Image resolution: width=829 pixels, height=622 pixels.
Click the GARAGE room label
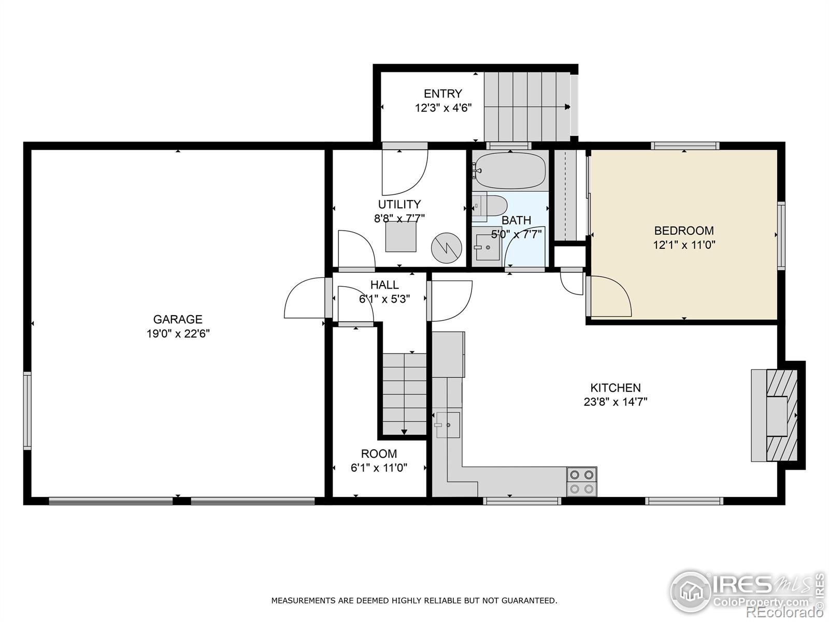(x=177, y=319)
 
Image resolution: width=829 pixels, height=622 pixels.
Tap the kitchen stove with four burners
(x=581, y=482)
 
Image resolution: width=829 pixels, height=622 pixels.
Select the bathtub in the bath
(x=510, y=171)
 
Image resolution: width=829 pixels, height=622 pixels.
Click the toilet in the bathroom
(x=494, y=206)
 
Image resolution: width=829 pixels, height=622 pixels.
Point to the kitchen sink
(x=447, y=425)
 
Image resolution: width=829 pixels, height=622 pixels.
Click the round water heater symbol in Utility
(x=447, y=248)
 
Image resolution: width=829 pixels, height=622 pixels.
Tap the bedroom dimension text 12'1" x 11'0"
(x=684, y=245)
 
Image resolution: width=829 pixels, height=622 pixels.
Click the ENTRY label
(x=442, y=94)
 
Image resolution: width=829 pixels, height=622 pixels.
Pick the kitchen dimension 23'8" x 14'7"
(x=616, y=402)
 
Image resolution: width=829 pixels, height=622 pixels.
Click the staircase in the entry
(x=526, y=106)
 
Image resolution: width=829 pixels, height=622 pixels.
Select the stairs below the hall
(x=404, y=394)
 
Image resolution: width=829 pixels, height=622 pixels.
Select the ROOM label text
(x=379, y=454)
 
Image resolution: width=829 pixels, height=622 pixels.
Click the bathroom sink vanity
(x=487, y=247)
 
